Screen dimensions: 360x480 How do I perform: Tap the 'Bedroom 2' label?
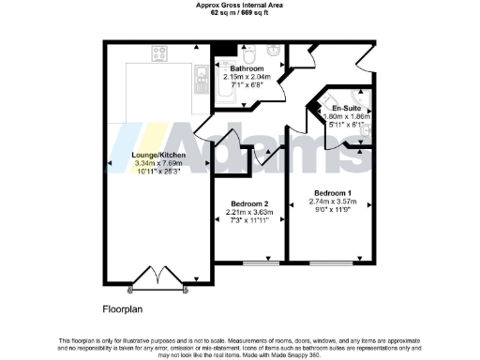(x=248, y=204)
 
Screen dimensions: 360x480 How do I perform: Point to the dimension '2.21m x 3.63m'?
(x=248, y=213)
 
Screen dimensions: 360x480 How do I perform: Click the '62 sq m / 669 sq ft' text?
(x=239, y=12)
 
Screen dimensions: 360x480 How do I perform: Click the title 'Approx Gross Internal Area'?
(x=239, y=5)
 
